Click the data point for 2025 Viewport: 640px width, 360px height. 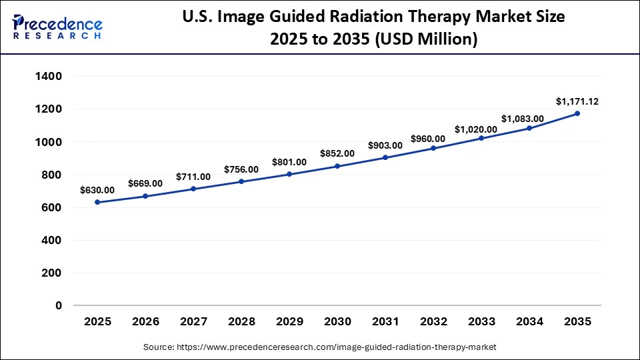coord(97,202)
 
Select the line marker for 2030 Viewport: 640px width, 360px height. coord(337,166)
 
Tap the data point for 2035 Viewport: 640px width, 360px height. coord(577,113)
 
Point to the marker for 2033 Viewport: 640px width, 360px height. coord(481,138)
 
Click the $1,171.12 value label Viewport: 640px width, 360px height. coord(577,101)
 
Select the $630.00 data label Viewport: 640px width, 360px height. coord(97,190)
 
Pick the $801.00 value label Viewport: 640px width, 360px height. coord(289,162)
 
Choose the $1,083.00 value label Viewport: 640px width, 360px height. coord(523,119)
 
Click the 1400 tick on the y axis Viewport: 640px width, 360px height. coord(49,77)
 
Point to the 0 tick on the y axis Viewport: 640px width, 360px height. coord(59,306)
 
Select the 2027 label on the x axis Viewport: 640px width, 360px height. coord(193,322)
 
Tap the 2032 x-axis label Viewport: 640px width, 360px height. coord(433,322)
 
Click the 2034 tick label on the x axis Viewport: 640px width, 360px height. coord(529,322)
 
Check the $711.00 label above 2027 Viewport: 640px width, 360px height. coord(193,177)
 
